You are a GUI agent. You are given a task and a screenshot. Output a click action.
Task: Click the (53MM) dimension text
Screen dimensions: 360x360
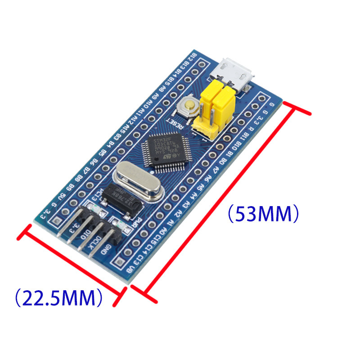[x=263, y=214]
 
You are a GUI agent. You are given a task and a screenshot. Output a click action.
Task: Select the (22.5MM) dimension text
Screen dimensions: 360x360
[x=57, y=297]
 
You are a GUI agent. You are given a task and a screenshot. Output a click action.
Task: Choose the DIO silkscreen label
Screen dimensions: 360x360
[x=84, y=234]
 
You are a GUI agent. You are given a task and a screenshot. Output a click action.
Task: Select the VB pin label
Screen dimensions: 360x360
[x=130, y=270]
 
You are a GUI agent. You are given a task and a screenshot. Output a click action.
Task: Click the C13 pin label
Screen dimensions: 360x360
[x=139, y=259]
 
